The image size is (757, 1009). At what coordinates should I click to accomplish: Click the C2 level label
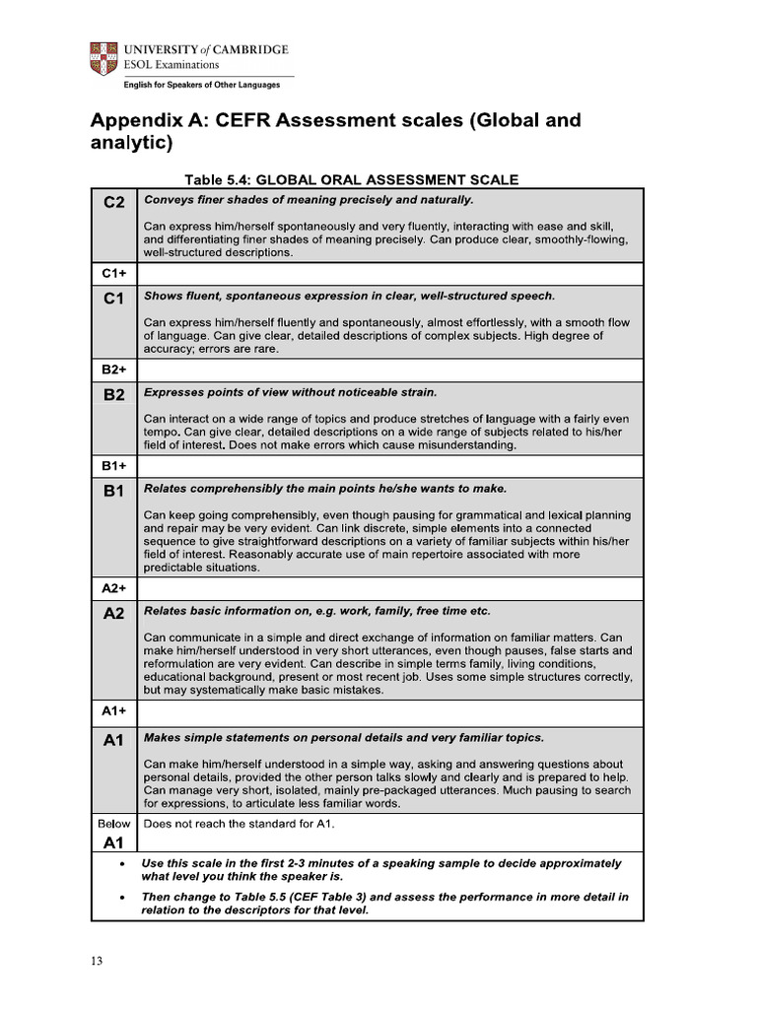pos(114,203)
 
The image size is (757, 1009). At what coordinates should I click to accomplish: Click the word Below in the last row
pos(114,823)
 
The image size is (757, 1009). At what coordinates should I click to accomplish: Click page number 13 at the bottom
pos(97,962)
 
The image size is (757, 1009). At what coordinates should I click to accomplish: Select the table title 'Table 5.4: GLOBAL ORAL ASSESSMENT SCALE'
pos(352,179)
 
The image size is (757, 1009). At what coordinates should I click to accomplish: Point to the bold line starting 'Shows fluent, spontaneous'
pos(349,296)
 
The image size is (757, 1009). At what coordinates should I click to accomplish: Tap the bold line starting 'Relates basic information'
pos(316,611)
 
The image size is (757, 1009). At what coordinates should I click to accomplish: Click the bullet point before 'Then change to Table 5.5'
pos(120,898)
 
